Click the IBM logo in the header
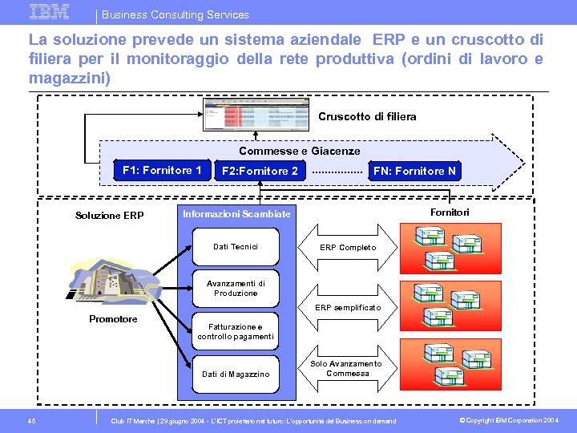[x=50, y=11]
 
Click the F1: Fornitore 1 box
[x=163, y=170]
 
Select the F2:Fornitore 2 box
[x=260, y=171]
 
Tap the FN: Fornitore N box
[x=414, y=171]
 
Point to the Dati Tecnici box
[x=236, y=247]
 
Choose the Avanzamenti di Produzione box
[x=236, y=289]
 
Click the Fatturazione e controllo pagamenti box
[x=236, y=331]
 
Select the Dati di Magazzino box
[x=236, y=374]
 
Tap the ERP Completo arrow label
[x=348, y=247]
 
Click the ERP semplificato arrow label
[x=348, y=308]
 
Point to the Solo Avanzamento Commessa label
[x=346, y=369]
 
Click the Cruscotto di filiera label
[x=367, y=117]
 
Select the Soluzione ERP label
[x=109, y=216]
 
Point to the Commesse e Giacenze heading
[x=300, y=151]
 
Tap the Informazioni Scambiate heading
[x=236, y=214]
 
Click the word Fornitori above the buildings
[x=450, y=212]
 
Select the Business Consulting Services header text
[x=176, y=14]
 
